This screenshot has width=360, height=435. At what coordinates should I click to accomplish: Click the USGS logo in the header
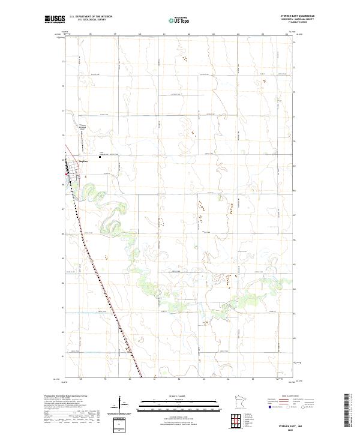[55, 19]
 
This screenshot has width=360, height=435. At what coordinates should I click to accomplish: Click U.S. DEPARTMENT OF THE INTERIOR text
[91, 16]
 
